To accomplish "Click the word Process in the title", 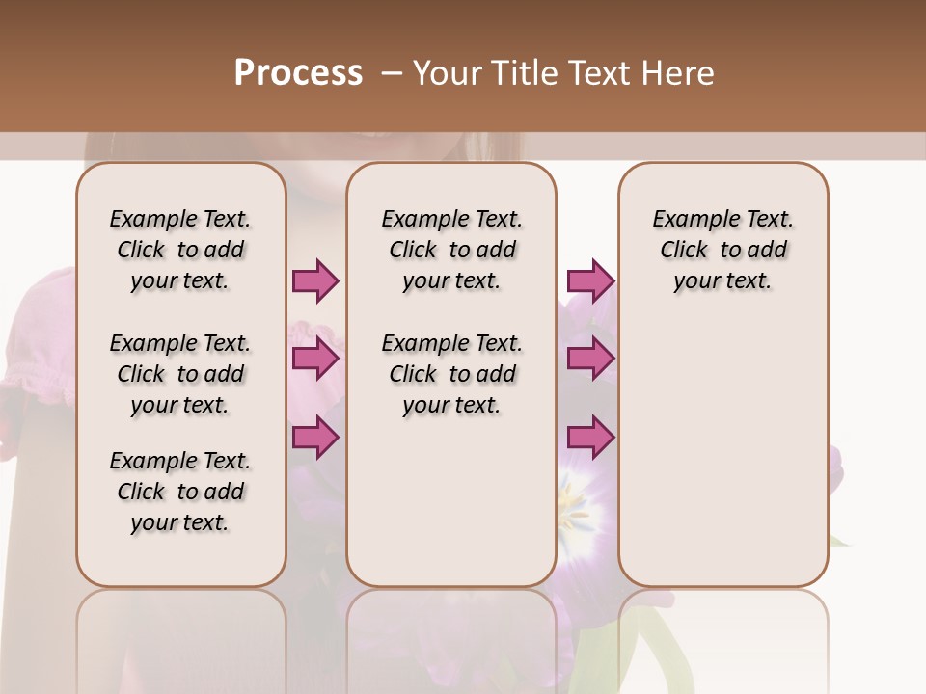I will [298, 73].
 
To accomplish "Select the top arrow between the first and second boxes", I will [315, 281].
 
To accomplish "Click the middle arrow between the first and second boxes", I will [315, 360].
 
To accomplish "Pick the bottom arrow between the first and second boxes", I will [315, 438].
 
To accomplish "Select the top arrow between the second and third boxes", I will [590, 281].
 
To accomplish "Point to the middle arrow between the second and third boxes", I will [590, 360].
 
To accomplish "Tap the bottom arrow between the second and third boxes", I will [590, 438].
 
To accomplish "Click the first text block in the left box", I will [180, 250].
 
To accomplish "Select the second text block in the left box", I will [180, 374].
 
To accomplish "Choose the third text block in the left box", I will [180, 492].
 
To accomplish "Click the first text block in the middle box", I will [451, 250].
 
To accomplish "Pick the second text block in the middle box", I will [451, 374].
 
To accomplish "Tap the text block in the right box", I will [722, 250].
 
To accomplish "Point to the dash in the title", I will [392, 73].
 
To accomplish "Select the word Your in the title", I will [449, 73].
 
